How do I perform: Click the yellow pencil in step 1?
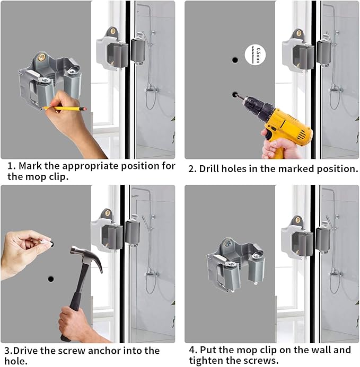(x=65, y=109)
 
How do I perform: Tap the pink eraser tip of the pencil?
(x=84, y=109)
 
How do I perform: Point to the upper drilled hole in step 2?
(x=235, y=60)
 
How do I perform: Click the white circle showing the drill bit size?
(x=255, y=55)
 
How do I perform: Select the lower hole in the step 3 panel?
(x=51, y=279)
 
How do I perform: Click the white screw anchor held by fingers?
(x=46, y=241)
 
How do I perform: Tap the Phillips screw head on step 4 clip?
(x=227, y=243)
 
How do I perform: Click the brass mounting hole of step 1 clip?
(x=42, y=57)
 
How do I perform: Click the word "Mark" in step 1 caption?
(x=30, y=166)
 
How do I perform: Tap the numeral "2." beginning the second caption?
(x=192, y=169)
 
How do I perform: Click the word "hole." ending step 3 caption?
(x=16, y=361)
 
